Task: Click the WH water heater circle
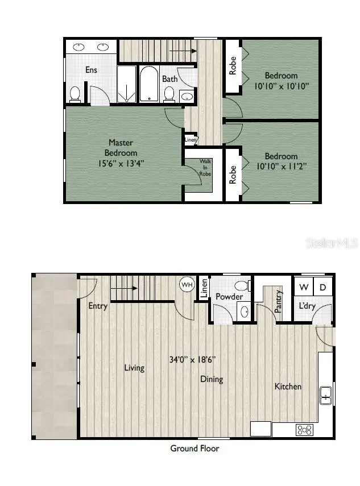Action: point(187,284)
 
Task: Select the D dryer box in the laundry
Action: point(322,287)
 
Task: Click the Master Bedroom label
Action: point(121,147)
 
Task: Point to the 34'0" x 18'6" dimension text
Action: point(192,359)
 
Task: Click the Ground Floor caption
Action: point(195,448)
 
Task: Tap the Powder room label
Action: point(229,297)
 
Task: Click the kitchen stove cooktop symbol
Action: point(304,430)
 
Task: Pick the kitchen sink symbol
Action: point(326,394)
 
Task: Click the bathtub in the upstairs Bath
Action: point(150,84)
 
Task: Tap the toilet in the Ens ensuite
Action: point(75,94)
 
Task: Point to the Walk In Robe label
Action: point(205,168)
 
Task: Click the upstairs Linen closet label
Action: point(191,139)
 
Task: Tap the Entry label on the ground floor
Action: point(98,306)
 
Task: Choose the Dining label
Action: point(211,379)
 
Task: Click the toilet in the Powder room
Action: point(242,286)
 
